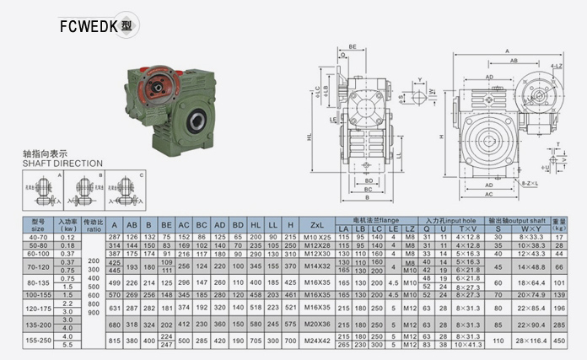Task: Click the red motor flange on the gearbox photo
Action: (x=156, y=84)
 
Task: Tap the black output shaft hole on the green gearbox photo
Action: (x=197, y=119)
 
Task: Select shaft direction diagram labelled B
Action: (x=86, y=191)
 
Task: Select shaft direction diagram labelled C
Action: (x=128, y=191)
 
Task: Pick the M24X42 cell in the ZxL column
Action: (x=317, y=341)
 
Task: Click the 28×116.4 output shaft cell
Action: (x=531, y=341)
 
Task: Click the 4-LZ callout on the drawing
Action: (x=556, y=65)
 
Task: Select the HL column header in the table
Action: (x=256, y=224)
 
